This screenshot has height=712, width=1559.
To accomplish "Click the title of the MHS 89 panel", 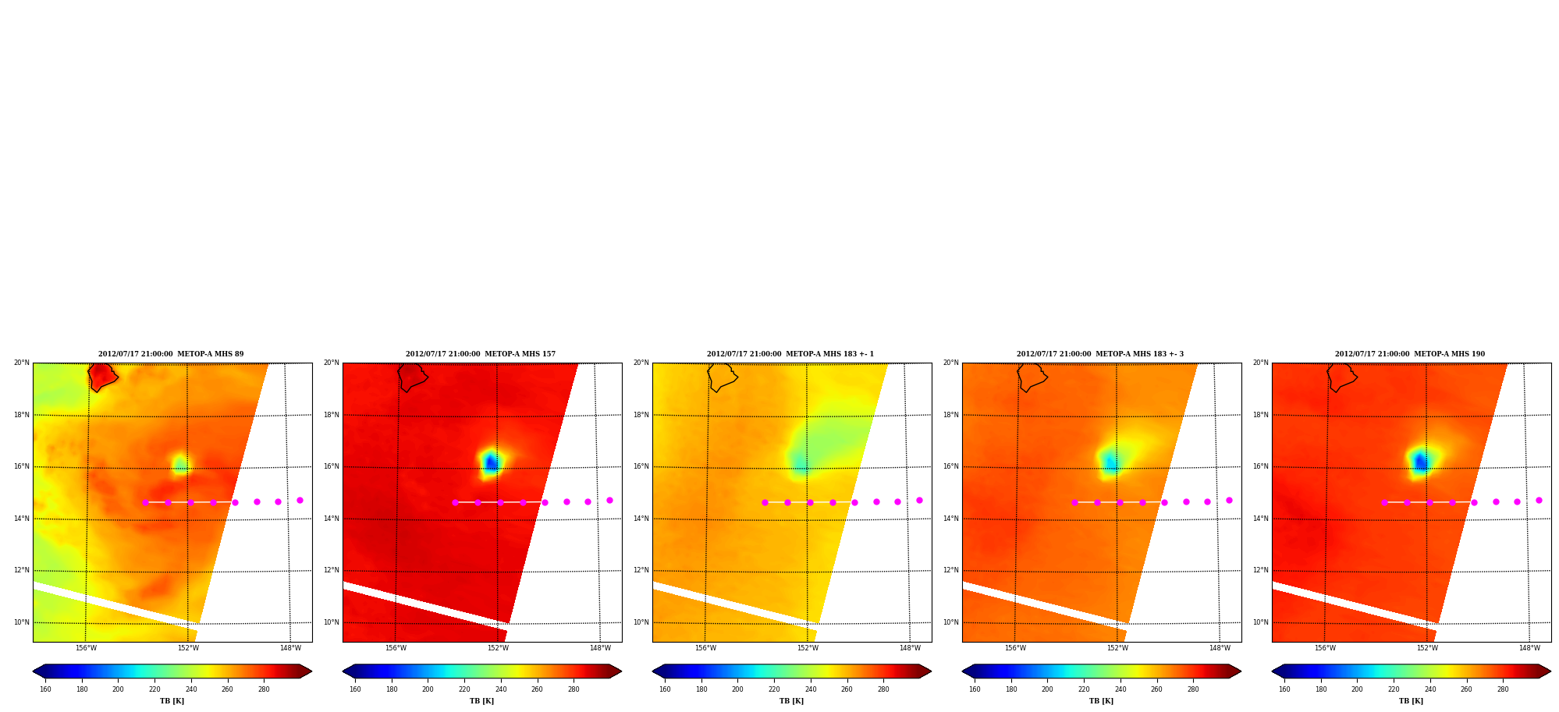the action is [x=171, y=354].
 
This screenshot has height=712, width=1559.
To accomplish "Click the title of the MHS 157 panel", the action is [x=481, y=354].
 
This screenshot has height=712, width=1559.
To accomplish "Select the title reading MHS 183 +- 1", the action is [x=790, y=354].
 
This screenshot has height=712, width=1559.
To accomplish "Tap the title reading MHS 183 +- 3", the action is [x=1100, y=354].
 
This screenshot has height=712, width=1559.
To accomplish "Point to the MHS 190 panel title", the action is [x=1410, y=354].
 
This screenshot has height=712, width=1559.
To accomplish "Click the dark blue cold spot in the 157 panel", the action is [x=491, y=463].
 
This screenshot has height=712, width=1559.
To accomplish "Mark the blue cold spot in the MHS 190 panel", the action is [x=1421, y=462].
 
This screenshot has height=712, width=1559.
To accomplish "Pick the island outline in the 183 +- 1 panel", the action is [x=722, y=377].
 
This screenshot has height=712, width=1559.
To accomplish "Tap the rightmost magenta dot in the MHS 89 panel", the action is [x=300, y=501].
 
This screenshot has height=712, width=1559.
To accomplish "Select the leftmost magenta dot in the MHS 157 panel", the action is [x=456, y=502].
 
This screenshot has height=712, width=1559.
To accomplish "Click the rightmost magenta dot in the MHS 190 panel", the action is [x=1539, y=501].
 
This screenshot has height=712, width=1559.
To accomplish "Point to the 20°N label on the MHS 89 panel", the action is [x=22, y=363].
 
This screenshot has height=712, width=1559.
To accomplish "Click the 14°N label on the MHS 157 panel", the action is [x=332, y=519].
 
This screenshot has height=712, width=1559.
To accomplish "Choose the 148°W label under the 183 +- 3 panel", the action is [x=1220, y=648].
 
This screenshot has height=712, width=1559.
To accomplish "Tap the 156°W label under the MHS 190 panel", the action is [x=1325, y=648].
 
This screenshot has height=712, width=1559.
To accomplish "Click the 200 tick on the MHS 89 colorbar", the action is [x=118, y=689].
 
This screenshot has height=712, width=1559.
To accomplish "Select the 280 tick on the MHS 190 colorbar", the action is [x=1503, y=689].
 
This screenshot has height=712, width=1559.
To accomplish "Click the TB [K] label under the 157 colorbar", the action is [x=481, y=701].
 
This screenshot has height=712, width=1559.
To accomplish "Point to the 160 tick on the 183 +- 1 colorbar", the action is [x=665, y=689].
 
